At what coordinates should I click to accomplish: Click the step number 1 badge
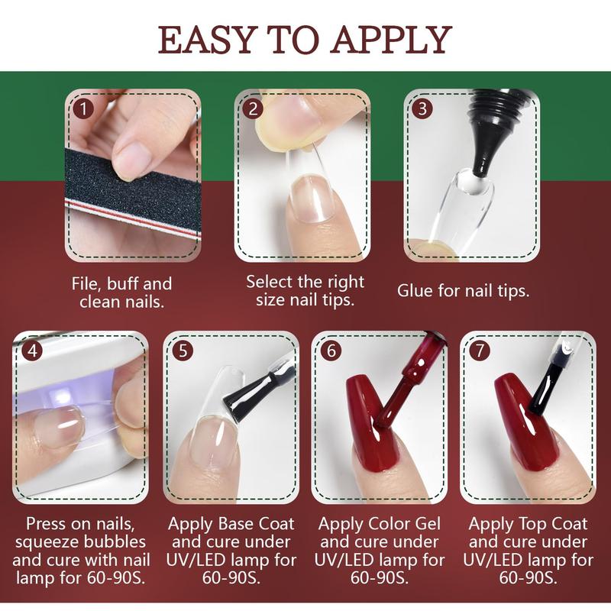[x=84, y=108]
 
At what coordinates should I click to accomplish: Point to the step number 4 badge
[x=31, y=351]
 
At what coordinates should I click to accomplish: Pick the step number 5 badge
[x=184, y=351]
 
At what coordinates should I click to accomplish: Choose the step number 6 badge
[x=331, y=351]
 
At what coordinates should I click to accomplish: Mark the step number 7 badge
[x=480, y=351]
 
